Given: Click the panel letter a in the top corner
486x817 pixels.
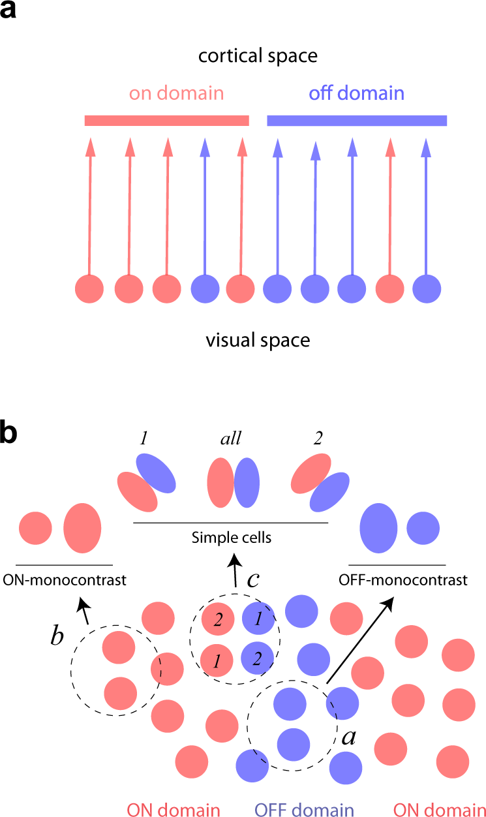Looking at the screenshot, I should click(x=8, y=11).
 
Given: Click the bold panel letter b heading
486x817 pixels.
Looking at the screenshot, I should click(x=9, y=436).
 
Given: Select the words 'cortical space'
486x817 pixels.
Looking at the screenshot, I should click(x=258, y=56).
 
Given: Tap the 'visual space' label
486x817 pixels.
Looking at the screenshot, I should click(x=258, y=340).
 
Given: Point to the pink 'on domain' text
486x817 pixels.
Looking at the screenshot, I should click(x=176, y=93).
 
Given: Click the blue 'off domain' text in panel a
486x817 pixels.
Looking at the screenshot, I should click(x=356, y=93).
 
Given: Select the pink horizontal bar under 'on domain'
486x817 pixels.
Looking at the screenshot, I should click(x=166, y=120).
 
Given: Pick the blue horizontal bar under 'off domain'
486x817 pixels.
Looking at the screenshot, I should click(x=357, y=120).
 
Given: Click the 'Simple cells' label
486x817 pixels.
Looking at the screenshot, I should click(x=231, y=538).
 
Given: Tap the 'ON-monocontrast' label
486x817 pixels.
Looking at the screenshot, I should click(x=64, y=579).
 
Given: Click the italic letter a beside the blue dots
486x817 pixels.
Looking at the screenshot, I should click(x=350, y=737).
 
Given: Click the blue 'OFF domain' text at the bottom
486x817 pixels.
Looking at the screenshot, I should click(x=303, y=809).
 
